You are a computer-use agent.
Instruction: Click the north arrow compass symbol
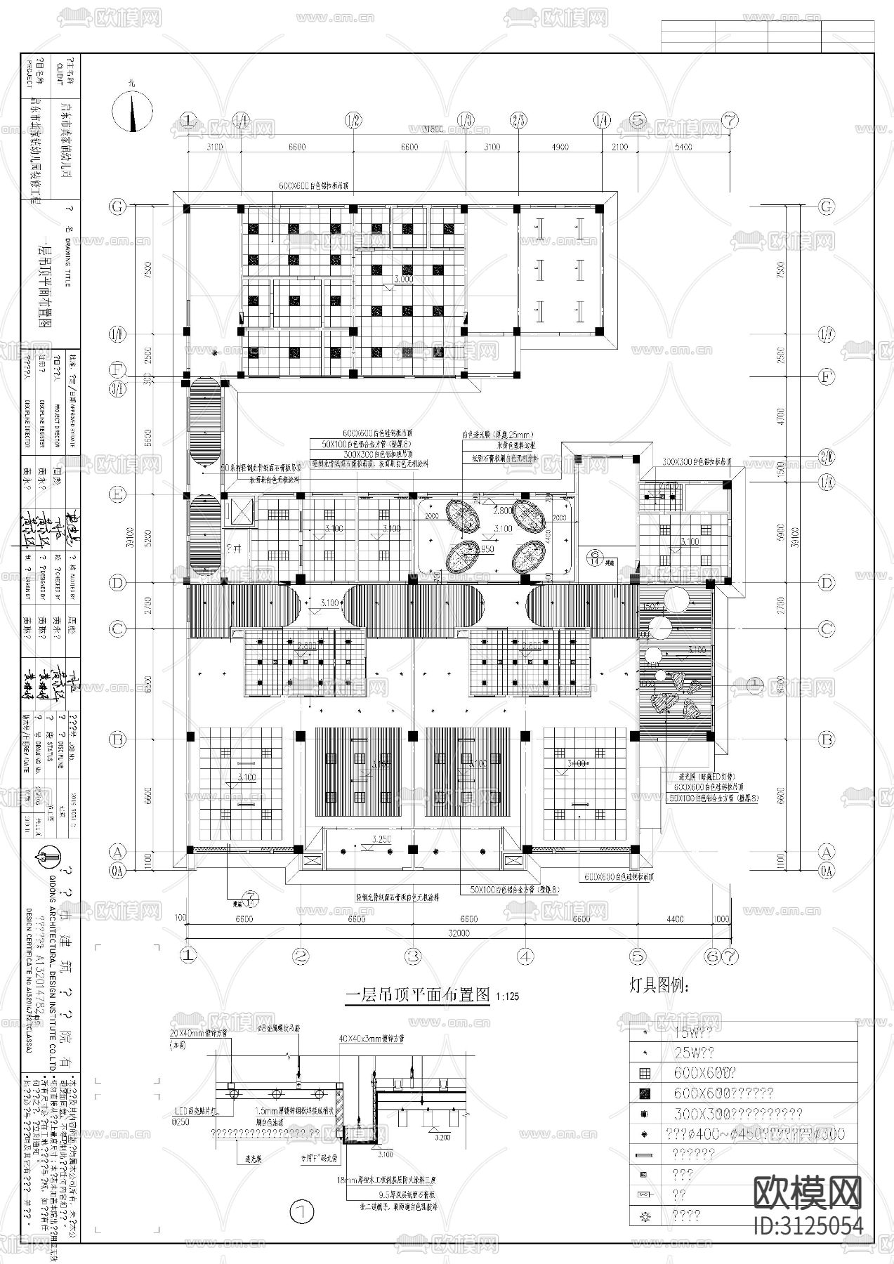132,112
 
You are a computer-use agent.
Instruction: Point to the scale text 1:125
506,997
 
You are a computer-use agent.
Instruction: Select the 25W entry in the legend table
693,1053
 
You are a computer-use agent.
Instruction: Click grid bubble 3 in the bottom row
413,956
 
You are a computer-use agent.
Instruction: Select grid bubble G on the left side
117,206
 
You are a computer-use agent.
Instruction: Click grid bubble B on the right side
827,739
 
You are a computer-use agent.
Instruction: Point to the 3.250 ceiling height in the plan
381,840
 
